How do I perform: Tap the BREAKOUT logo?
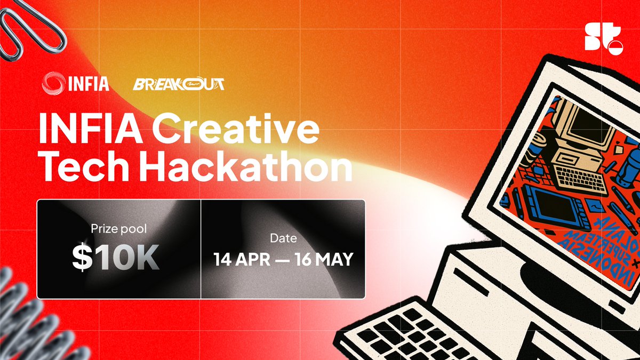tap(179, 84)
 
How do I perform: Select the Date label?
tap(283, 238)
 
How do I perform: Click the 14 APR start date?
tap(243, 260)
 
